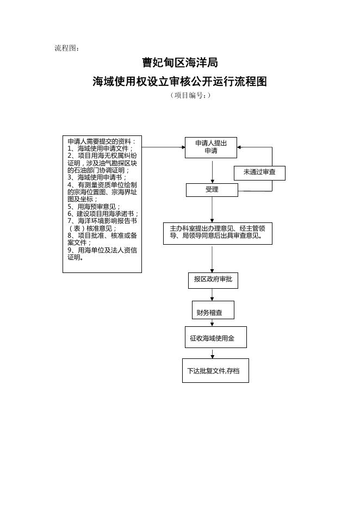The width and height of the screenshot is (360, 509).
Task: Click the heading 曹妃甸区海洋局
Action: (x=180, y=63)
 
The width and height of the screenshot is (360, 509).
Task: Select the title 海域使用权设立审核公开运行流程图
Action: (x=179, y=82)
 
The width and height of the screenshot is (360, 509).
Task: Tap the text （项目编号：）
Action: (x=190, y=96)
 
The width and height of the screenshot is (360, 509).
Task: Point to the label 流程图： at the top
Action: (x=67, y=48)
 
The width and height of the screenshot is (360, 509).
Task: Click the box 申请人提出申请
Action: (x=211, y=147)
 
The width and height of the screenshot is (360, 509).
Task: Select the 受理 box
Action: (x=212, y=190)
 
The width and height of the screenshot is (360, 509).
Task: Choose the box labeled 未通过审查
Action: (x=259, y=173)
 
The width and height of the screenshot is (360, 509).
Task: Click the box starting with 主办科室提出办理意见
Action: (x=218, y=233)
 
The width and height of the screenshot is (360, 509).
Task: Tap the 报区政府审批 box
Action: (x=213, y=281)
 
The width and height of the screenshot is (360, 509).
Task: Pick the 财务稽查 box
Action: (x=213, y=310)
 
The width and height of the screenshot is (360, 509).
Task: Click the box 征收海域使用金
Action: (x=216, y=337)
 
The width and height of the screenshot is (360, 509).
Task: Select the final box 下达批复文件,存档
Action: (x=215, y=370)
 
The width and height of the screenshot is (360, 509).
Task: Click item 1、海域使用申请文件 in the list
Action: (x=100, y=148)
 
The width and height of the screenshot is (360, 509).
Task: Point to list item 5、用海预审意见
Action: (x=94, y=207)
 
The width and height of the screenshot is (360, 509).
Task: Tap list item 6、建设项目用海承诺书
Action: (x=103, y=214)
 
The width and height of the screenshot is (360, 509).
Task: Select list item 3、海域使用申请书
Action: (x=97, y=178)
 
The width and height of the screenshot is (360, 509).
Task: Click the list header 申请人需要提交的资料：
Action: (x=102, y=141)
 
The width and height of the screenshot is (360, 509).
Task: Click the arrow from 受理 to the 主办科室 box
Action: (x=212, y=209)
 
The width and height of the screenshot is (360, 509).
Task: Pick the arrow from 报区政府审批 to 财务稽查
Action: (x=212, y=295)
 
